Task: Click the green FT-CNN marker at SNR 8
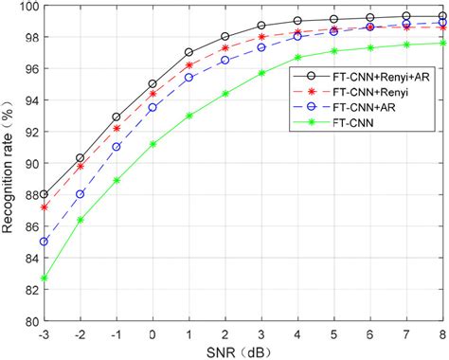point(443,43)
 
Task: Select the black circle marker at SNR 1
point(189,52)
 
